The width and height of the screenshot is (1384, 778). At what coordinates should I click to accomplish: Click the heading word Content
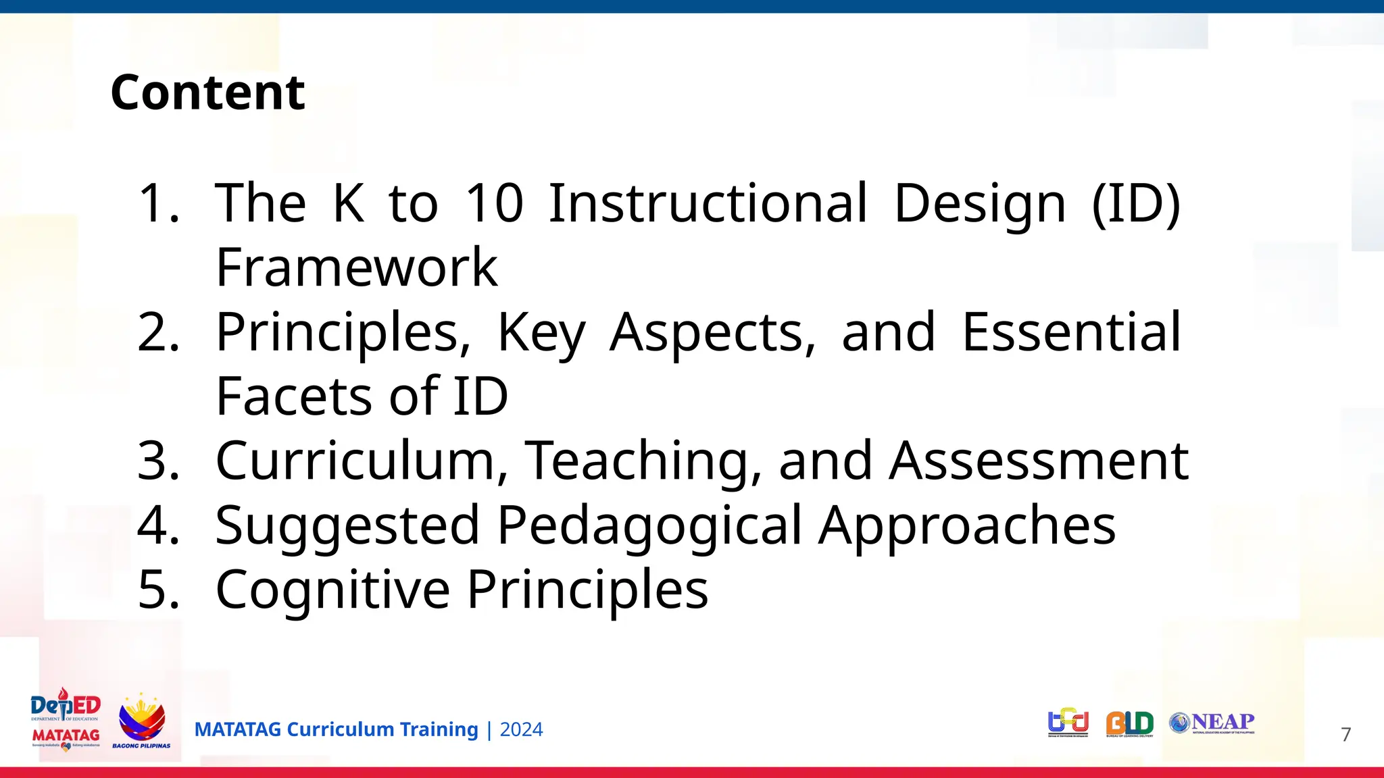coord(207,93)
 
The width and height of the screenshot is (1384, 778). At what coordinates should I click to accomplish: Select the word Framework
coord(356,267)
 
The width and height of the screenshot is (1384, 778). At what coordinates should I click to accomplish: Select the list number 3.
coord(158,460)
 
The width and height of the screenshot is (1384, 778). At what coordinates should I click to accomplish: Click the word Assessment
coord(1039,460)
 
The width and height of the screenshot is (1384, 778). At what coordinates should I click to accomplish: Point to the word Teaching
coord(636,460)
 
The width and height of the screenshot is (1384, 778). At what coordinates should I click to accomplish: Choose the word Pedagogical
coord(649,525)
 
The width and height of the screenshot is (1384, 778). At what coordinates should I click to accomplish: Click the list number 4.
coord(158,525)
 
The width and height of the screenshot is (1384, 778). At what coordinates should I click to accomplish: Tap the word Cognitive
coord(332,589)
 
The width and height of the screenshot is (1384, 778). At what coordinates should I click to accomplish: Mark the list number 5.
coord(158,589)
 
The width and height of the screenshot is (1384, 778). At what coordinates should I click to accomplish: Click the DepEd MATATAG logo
coord(66,720)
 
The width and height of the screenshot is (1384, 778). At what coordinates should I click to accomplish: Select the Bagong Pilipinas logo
coord(141,721)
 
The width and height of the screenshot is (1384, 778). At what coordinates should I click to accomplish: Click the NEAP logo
coord(1212,723)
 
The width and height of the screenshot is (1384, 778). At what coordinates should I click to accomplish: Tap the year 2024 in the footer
coord(521,729)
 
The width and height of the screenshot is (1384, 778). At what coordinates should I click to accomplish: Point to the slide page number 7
coord(1345,734)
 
